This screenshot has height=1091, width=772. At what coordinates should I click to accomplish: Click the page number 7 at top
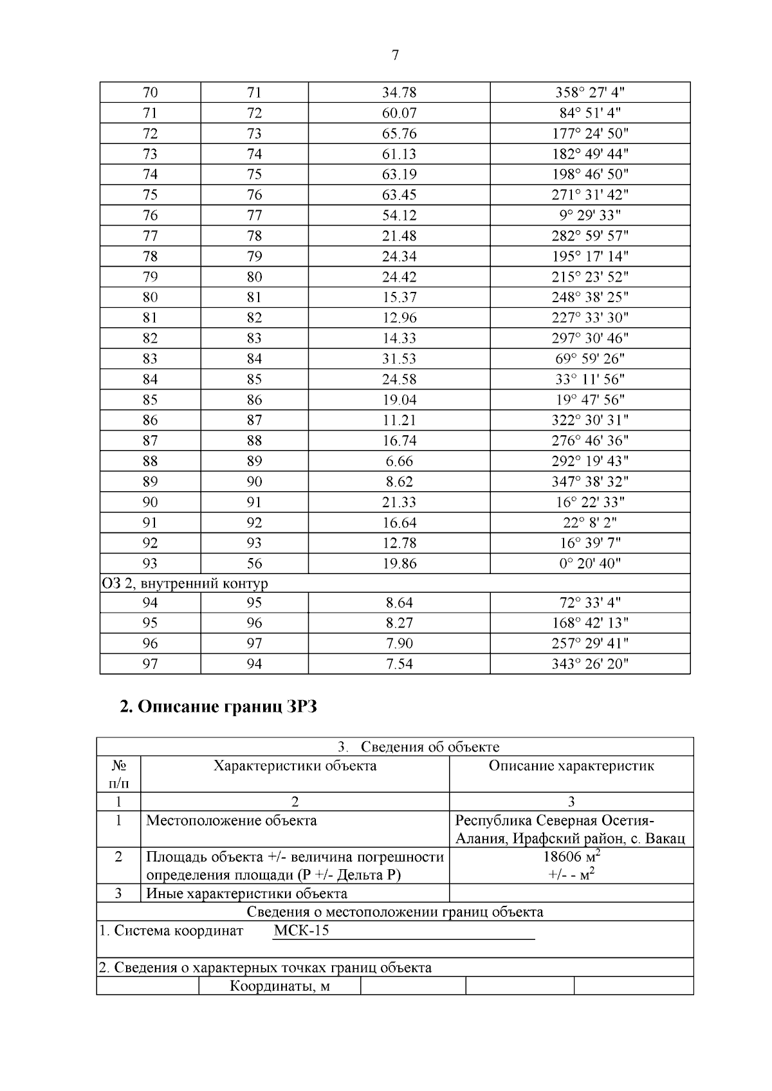click(x=395, y=56)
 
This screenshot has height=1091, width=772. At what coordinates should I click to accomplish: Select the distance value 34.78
click(x=399, y=93)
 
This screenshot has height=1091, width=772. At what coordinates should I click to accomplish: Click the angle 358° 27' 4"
click(x=590, y=93)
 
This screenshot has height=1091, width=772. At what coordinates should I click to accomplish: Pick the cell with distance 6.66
click(x=399, y=461)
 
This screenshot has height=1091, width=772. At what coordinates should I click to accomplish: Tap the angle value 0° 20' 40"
click(x=590, y=564)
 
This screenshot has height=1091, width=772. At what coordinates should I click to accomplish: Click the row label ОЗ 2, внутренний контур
click(x=185, y=584)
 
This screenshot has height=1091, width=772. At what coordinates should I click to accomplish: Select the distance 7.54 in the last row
click(x=399, y=664)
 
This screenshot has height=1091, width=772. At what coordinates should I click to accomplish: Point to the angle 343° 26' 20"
click(x=590, y=664)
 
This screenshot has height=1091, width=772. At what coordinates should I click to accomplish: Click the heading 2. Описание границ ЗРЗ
click(x=219, y=708)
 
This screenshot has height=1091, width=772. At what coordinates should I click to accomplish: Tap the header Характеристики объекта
click(x=295, y=766)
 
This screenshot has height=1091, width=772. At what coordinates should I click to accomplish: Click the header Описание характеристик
click(x=571, y=766)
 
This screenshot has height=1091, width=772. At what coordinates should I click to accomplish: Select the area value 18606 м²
click(x=571, y=857)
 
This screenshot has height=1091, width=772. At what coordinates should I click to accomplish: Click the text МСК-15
click(x=301, y=931)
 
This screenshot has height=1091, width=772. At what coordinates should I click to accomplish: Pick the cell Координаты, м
click(x=280, y=986)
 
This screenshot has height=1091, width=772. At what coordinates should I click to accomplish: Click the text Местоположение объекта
click(x=232, y=820)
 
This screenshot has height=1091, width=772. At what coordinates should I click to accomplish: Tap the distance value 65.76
click(x=399, y=134)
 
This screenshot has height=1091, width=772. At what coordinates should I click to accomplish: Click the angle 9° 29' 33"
click(x=590, y=215)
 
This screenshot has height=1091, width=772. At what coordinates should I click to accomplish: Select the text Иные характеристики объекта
click(x=247, y=894)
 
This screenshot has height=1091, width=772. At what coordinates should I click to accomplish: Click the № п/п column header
click(x=118, y=774)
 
